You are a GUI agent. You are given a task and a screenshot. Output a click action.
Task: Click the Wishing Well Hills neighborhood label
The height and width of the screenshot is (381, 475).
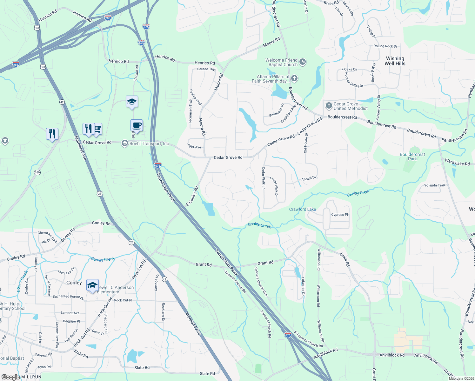point(395,61)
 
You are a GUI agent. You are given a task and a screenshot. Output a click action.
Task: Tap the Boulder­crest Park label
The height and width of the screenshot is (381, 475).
point(412,157)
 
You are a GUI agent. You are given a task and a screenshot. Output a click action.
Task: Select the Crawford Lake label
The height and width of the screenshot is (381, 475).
point(302,209)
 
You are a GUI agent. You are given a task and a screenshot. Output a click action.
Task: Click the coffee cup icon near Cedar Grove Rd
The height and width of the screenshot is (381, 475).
point(137,125)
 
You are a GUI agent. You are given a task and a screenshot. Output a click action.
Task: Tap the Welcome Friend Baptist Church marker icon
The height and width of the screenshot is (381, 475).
point(303,62)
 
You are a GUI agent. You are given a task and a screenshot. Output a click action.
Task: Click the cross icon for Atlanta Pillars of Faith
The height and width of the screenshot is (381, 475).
point(294,78)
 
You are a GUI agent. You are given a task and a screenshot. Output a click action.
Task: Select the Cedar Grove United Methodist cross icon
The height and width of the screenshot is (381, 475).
point(329,105)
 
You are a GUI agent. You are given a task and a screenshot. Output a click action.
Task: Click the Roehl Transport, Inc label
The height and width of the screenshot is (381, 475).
point(149,144)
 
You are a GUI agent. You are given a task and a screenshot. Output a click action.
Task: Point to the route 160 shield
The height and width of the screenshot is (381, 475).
point(37,172)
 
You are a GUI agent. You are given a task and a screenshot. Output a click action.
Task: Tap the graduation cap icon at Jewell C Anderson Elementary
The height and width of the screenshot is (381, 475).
point(92,285)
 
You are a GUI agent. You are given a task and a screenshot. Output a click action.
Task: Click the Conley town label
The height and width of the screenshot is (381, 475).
point(74,283)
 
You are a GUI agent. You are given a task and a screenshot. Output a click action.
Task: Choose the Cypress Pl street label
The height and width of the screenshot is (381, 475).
point(339,215)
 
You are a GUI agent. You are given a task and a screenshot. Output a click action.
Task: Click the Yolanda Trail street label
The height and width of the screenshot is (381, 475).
point(434,185)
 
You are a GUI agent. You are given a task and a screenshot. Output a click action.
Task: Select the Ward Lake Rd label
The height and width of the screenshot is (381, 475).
point(457,163)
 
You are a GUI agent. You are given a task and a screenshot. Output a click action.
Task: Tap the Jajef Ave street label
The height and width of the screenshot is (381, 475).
point(194,147)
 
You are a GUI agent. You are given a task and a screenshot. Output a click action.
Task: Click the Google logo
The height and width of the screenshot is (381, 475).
point(10,377)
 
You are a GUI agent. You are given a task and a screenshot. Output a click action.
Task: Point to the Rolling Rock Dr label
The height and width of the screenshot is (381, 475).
point(385,46)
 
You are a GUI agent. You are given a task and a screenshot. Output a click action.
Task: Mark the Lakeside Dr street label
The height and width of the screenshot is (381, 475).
point(303,287)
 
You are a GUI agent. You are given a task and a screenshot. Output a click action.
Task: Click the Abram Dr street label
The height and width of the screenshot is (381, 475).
point(309,178)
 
